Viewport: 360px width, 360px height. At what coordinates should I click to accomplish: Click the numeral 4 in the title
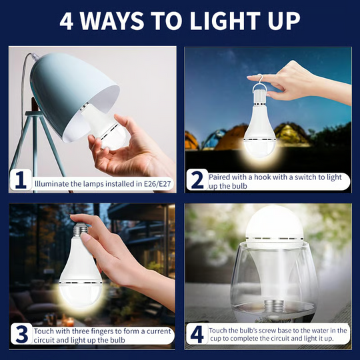coord(67,21)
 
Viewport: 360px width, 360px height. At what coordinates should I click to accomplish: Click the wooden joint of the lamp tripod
coord(34,105)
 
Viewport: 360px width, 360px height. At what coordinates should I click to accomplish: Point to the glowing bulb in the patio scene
coord(79,273)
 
